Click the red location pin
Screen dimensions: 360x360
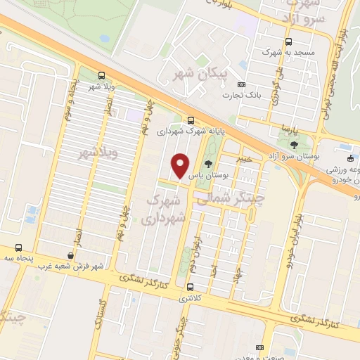click(x=181, y=166)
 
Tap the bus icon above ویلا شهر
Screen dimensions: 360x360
click(x=103, y=75)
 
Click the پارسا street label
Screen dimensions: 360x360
click(x=286, y=130)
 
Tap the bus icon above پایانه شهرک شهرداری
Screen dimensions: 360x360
click(x=191, y=119)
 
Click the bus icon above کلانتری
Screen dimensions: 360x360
click(x=191, y=286)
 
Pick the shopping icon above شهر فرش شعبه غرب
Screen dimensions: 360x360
click(x=70, y=255)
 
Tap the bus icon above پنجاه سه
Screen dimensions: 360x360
click(x=18, y=247)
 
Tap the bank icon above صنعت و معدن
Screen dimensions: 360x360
click(x=260, y=348)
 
